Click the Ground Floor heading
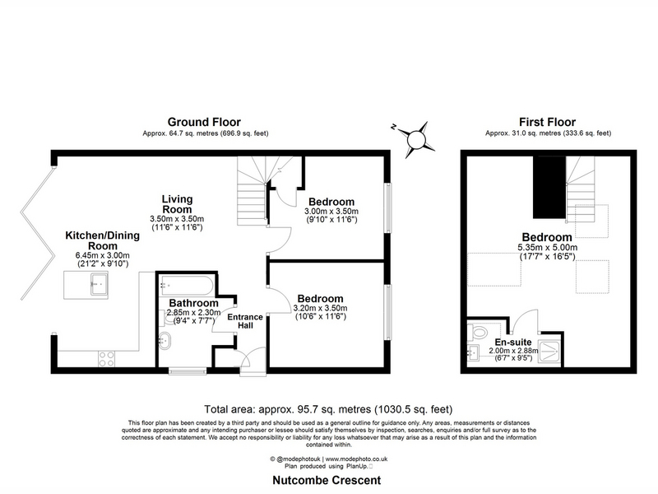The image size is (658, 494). (x=204, y=122)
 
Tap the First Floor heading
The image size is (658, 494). (x=547, y=122)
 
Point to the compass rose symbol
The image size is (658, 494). (x=416, y=139)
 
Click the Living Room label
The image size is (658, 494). (x=177, y=204)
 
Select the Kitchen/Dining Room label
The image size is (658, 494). (x=102, y=240)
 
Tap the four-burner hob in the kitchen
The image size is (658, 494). (x=106, y=359)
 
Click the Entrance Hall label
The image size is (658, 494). (x=245, y=321)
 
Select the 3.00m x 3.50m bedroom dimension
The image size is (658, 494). (x=331, y=212)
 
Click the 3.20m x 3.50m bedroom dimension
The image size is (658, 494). (x=320, y=308)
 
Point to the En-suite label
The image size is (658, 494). (x=512, y=342)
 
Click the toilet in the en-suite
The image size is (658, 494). (x=477, y=332)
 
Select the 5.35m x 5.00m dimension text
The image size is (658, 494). (x=547, y=248)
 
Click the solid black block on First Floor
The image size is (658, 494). (x=549, y=188)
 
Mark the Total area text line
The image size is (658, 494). (x=328, y=409)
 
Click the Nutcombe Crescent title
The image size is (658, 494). (x=327, y=480)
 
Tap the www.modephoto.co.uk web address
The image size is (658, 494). (x=356, y=459)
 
